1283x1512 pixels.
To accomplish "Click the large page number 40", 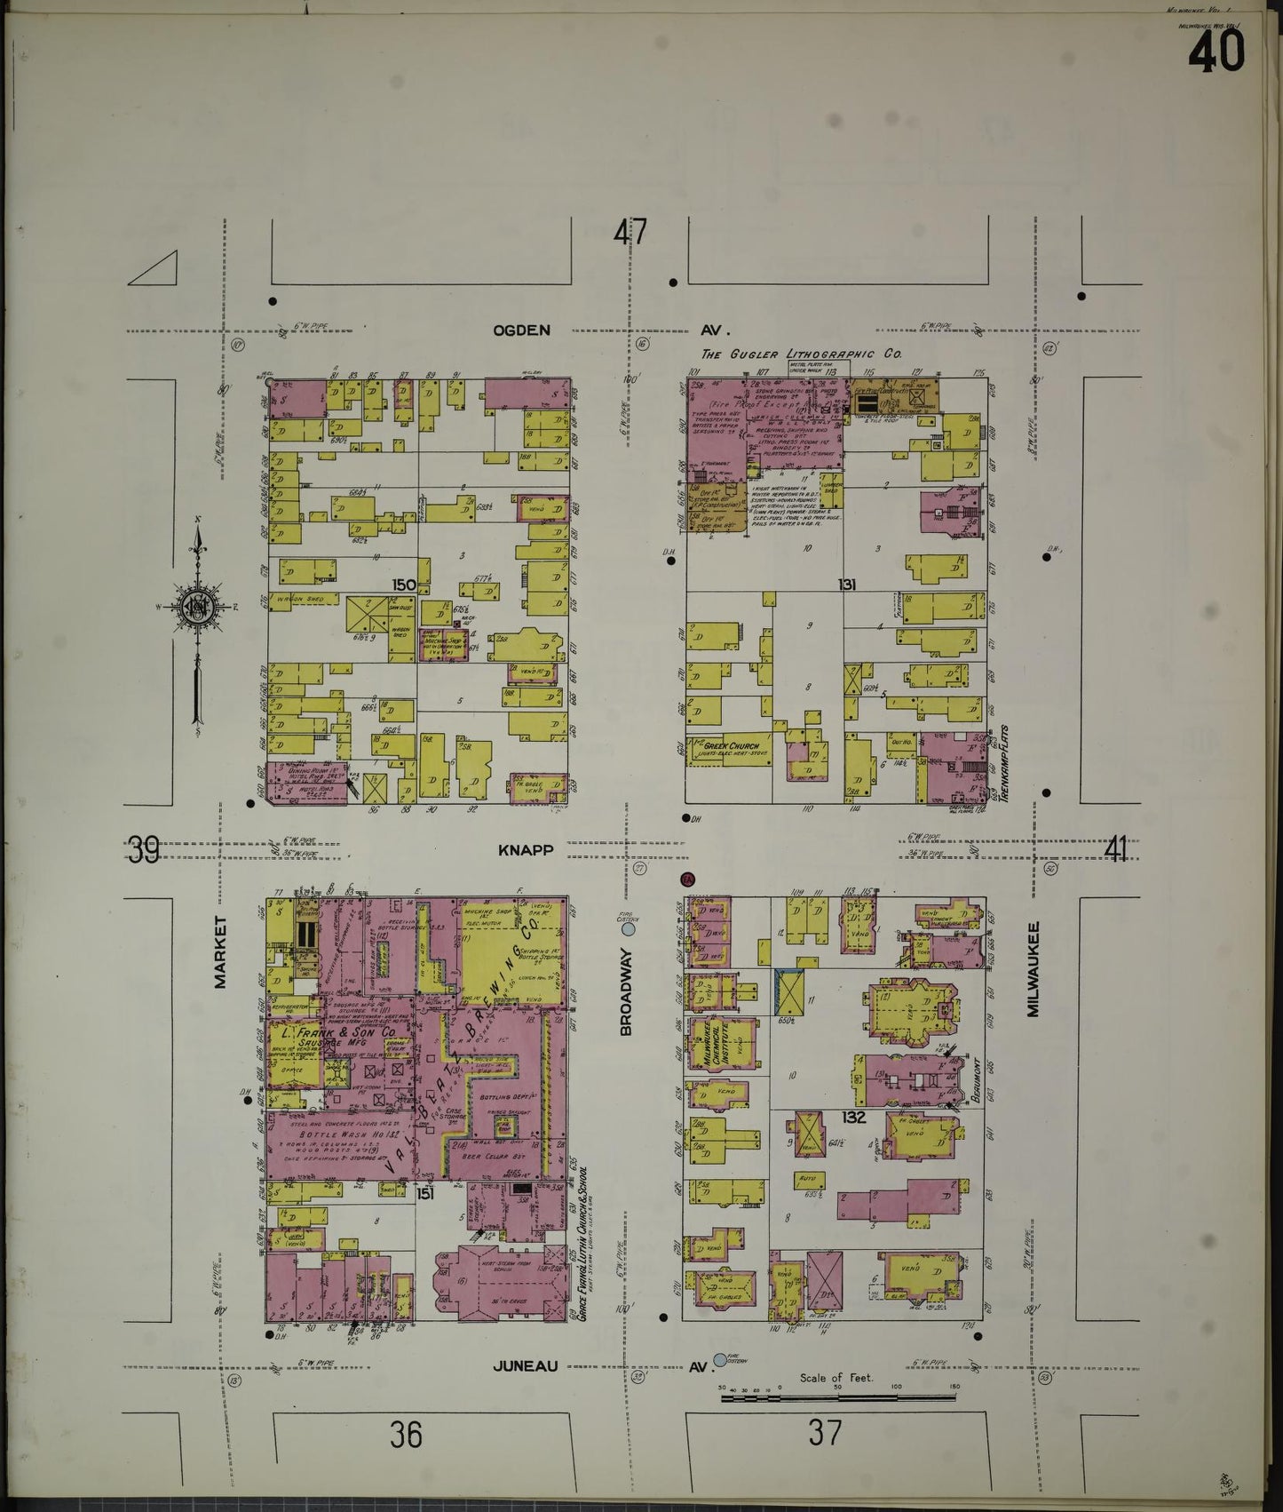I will pos(1216,52).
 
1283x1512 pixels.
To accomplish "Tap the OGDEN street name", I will pos(521,330).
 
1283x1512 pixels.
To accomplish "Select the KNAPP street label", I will pos(525,850).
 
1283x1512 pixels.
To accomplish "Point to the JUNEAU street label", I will pos(527,1365).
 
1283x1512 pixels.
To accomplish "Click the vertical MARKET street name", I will pos(220,952).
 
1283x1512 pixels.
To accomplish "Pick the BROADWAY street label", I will pos(626,991).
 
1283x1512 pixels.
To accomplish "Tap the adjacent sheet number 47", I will pos(630,233).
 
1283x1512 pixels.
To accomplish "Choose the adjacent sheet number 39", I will pos(143,850).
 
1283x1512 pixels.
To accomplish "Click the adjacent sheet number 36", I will pos(405,1433).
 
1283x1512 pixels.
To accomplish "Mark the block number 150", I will pos(404,585).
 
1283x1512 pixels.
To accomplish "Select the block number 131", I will pos(845,585).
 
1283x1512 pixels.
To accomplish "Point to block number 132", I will pos(853,1118).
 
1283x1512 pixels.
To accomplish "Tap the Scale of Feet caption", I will pos(836,1378).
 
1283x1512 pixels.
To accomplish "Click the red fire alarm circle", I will pos(686,879).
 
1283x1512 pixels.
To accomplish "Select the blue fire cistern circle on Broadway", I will pos(629,929).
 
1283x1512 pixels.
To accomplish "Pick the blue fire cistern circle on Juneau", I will pos(718,1359).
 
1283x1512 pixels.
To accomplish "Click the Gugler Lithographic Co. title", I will pos(814,354).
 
